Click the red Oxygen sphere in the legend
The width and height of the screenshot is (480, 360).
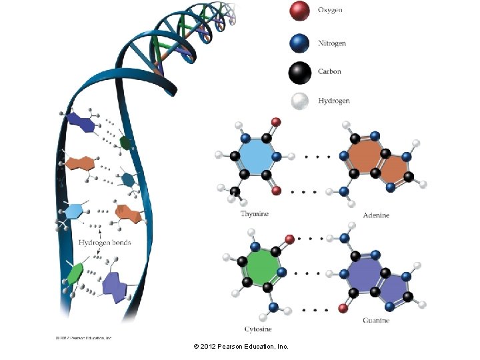[300, 11]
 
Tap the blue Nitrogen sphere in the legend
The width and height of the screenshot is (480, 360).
[300, 43]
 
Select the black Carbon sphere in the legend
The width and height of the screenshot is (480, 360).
[300, 71]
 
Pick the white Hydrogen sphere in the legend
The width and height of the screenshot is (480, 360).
[300, 101]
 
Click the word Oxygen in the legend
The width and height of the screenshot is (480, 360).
[331, 11]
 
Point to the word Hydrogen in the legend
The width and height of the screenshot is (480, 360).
[334, 101]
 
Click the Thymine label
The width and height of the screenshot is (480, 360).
[255, 214]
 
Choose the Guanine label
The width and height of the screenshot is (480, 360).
[377, 321]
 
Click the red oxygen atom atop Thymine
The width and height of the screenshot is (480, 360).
[276, 122]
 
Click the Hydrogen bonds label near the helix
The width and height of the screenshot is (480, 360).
[105, 242]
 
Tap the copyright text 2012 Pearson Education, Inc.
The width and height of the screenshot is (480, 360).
[241, 347]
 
